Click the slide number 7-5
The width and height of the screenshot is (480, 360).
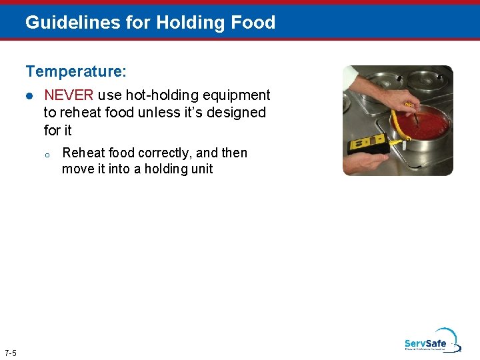11,352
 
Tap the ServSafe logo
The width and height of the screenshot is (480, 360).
431,341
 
